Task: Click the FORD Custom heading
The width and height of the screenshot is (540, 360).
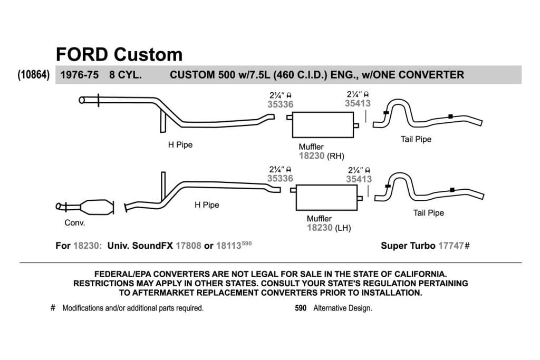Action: click(x=119, y=54)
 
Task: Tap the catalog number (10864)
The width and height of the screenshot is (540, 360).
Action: click(x=34, y=74)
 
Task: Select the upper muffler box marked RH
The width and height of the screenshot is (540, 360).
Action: click(x=323, y=124)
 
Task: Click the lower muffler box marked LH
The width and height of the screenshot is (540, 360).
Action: click(x=326, y=198)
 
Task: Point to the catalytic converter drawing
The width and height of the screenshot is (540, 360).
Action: click(x=85, y=207)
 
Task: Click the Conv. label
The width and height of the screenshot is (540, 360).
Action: click(x=75, y=222)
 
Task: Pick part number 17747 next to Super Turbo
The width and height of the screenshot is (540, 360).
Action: click(x=451, y=246)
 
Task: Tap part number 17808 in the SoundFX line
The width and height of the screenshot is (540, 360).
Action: click(x=188, y=246)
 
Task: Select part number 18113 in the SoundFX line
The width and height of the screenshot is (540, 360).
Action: click(x=229, y=246)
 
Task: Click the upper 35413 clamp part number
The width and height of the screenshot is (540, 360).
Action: click(x=358, y=103)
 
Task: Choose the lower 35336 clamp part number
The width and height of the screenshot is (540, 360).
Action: click(x=280, y=178)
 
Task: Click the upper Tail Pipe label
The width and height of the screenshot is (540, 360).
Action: click(x=416, y=139)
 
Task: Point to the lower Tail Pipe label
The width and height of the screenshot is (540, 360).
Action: click(x=428, y=213)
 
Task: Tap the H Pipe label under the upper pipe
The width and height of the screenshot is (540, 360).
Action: click(x=180, y=144)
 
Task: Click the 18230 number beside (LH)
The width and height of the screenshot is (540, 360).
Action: click(x=320, y=228)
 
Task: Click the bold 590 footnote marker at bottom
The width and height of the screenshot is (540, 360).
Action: click(x=301, y=308)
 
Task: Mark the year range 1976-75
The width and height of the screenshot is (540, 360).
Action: click(x=80, y=75)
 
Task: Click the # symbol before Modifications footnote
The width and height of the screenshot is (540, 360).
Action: click(x=53, y=308)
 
